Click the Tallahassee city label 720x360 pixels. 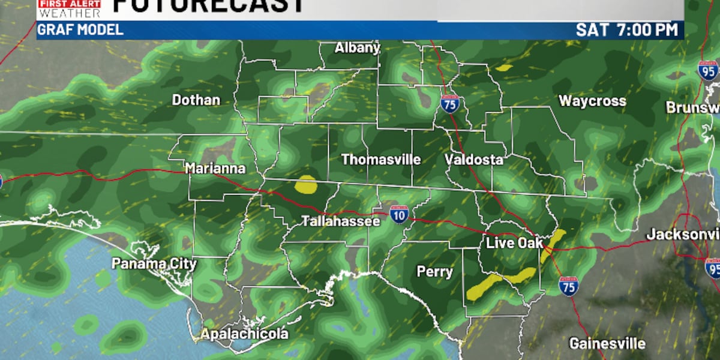(x=340, y=221)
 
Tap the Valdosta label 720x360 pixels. (x=473, y=160)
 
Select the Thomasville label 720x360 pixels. (x=381, y=160)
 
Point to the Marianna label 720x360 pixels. (x=215, y=169)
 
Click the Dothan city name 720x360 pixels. (x=196, y=100)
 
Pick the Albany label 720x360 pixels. (x=358, y=48)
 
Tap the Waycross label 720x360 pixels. (x=592, y=101)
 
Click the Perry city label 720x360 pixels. (x=435, y=272)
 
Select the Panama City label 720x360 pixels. (x=154, y=263)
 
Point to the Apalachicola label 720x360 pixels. (x=244, y=334)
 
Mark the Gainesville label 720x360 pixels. (x=607, y=344)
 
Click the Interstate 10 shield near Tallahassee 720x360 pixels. (x=399, y=214)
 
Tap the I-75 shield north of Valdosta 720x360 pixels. (x=449, y=104)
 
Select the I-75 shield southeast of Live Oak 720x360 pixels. (x=568, y=286)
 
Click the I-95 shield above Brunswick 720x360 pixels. (x=708, y=70)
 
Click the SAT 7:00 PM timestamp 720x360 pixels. (x=626, y=30)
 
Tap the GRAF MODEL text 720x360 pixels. (x=80, y=30)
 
